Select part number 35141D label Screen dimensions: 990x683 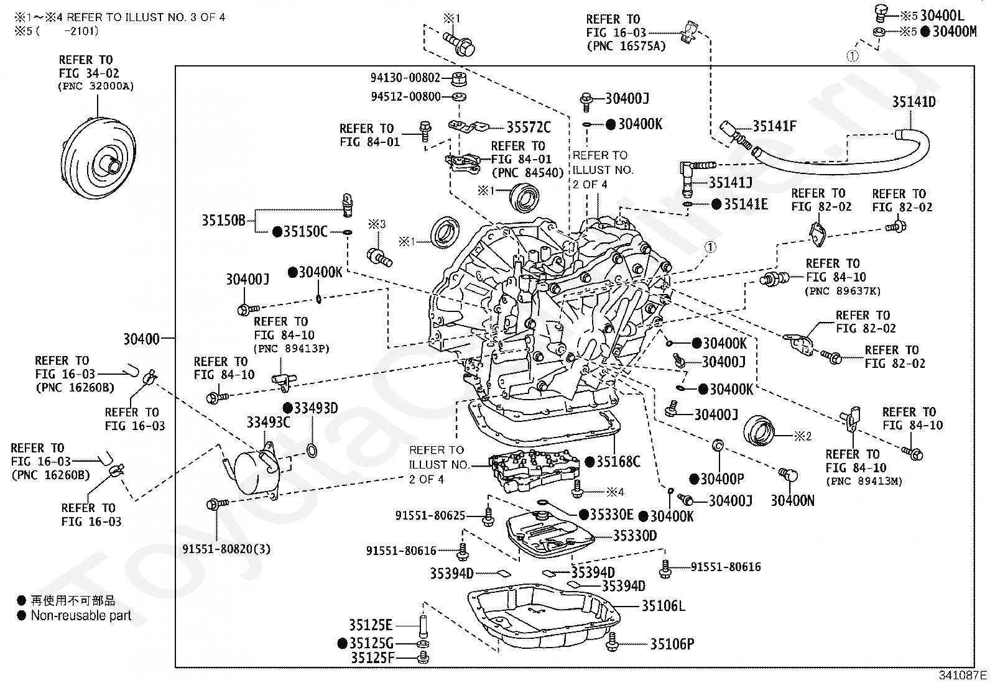click(x=914, y=102)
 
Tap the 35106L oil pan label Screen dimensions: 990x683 click(x=663, y=606)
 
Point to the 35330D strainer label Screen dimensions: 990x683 click(x=635, y=536)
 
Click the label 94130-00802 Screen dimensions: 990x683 click(x=405, y=78)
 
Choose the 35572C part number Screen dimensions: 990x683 click(x=529, y=127)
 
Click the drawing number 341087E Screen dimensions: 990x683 click(x=963, y=676)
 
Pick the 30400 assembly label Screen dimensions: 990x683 click(x=141, y=339)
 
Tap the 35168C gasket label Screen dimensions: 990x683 click(x=618, y=462)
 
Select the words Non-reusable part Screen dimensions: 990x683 click(x=81, y=615)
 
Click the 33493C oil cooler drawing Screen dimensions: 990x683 click(x=256, y=472)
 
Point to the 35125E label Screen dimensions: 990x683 click(x=371, y=625)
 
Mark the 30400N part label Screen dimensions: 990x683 click(x=792, y=500)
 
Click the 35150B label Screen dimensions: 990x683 click(x=223, y=221)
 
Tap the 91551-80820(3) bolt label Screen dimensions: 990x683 click(x=226, y=549)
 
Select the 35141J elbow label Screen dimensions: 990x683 click(x=731, y=183)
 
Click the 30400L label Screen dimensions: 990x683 click(x=942, y=16)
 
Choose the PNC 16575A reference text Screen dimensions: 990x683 click(x=626, y=47)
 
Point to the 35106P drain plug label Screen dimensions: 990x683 click(x=672, y=644)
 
